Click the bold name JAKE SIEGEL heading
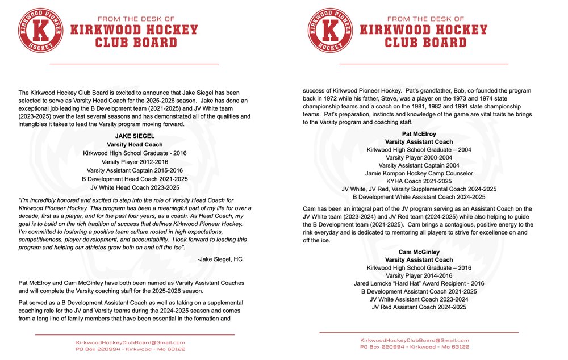135,136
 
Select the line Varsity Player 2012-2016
135,162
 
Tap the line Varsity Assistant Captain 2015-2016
135,170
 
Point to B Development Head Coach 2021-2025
135,179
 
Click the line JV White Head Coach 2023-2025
135,187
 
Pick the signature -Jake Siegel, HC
219,259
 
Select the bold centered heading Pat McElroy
419,134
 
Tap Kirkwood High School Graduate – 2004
419,150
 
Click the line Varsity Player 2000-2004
419,158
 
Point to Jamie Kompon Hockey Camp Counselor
419,174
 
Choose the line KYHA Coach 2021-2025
419,181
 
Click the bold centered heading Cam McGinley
419,252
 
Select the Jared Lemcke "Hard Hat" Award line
419,283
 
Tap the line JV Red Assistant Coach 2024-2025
419,307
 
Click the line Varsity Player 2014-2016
419,275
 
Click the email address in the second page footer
415,340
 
